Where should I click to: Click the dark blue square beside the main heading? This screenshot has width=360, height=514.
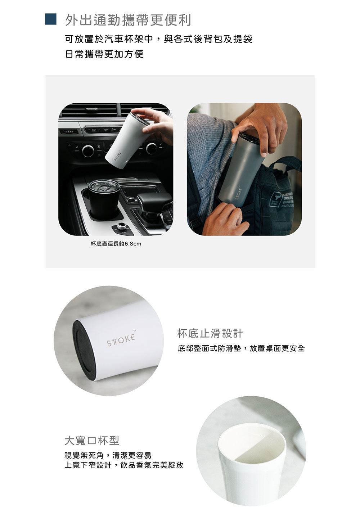click(x=50, y=19)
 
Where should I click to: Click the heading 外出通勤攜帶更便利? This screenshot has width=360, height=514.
click(x=128, y=20)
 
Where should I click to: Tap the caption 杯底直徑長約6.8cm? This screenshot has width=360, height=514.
click(x=116, y=244)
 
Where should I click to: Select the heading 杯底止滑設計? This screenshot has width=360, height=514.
click(x=210, y=333)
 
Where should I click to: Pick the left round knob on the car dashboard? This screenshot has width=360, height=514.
click(x=88, y=151)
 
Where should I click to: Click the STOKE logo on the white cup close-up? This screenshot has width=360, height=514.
click(x=121, y=340)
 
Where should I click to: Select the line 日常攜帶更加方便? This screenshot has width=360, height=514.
click(x=104, y=54)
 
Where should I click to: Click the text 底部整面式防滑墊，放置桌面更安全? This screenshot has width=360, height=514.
click(x=241, y=348)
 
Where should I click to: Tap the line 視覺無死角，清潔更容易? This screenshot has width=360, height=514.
click(x=108, y=455)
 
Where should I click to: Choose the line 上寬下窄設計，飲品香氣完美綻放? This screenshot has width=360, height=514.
click(x=124, y=465)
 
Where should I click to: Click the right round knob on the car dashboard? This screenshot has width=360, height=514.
click(x=151, y=148)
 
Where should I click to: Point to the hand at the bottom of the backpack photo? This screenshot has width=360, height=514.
click(x=224, y=219)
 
